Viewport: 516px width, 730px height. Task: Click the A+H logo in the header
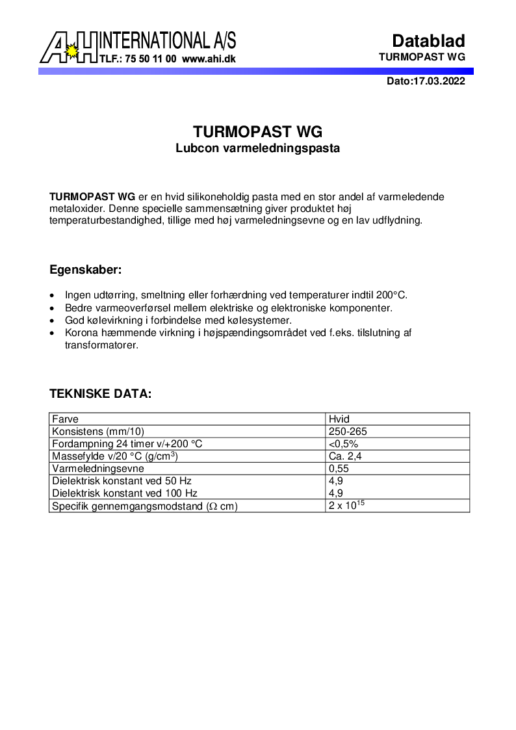point(69,48)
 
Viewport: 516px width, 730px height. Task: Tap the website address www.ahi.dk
point(209,59)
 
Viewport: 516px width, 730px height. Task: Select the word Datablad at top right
point(428,41)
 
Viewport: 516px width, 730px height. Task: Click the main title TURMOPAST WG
point(258,132)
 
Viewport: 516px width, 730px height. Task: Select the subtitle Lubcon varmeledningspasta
point(258,148)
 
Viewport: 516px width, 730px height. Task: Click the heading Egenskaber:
point(86,270)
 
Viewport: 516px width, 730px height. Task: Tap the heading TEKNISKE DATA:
point(101,394)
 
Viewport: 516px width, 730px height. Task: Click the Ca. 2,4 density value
point(345,456)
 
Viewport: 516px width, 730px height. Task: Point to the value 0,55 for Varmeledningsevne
point(339,469)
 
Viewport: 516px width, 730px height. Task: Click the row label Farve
point(65,419)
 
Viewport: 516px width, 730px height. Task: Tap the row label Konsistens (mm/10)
point(98,432)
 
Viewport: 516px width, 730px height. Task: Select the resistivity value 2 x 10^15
point(347,506)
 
